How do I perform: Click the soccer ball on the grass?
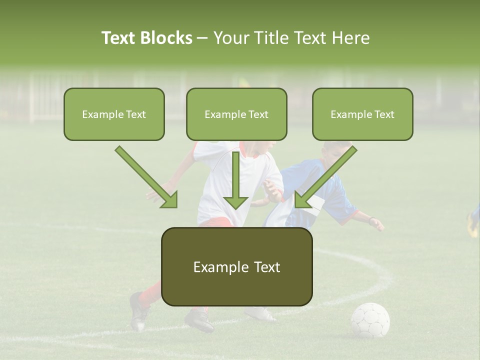click(370, 320)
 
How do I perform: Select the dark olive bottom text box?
click(236, 266)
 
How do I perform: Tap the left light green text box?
click(114, 114)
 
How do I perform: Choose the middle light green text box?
click(236, 114)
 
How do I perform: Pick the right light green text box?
click(362, 114)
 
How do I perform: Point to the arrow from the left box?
click(147, 177)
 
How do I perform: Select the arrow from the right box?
click(325, 177)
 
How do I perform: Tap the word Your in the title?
click(231, 38)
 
